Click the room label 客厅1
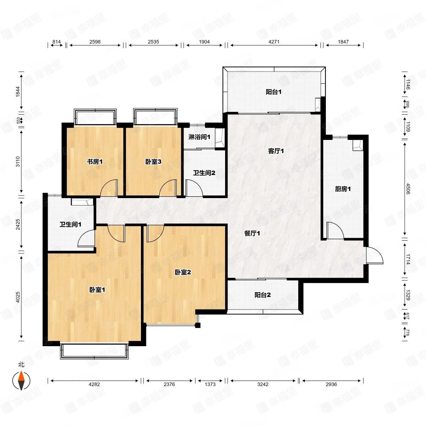pyautogui.click(x=276, y=151)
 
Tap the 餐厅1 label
pyautogui.click(x=252, y=233)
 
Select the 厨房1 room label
pyautogui.click(x=343, y=189)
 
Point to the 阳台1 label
pyautogui.click(x=273, y=92)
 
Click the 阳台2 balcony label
pyautogui.click(x=262, y=295)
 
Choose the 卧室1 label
pyautogui.click(x=97, y=290)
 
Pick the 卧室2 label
pyautogui.click(x=183, y=272)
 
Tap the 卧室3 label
pyautogui.click(x=153, y=162)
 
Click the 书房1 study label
pyautogui.click(x=95, y=162)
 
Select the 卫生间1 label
pyautogui.click(x=70, y=225)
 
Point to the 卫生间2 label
pyautogui.click(x=204, y=173)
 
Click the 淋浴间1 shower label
pyautogui.click(x=199, y=137)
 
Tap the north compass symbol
pyautogui.click(x=21, y=381)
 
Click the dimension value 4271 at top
pyautogui.click(x=274, y=42)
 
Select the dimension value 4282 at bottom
pyautogui.click(x=94, y=390)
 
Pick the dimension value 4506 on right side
pyautogui.click(x=408, y=189)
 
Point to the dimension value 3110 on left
pyautogui.click(x=18, y=162)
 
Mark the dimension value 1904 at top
pyautogui.click(x=204, y=42)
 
